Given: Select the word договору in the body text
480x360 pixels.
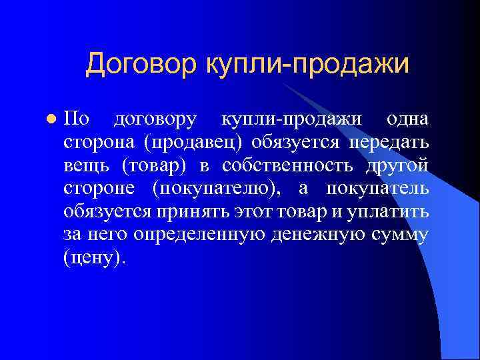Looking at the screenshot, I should click(155, 119).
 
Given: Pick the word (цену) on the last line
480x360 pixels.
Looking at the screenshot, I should click(94, 258).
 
